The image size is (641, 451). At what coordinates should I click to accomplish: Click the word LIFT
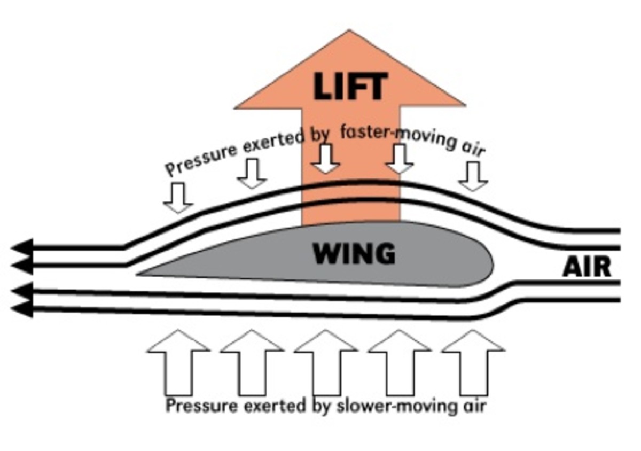tap(350, 87)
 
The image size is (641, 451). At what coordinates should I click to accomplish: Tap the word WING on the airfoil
tap(354, 254)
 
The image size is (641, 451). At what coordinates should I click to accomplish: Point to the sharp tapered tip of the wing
tap(141, 274)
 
